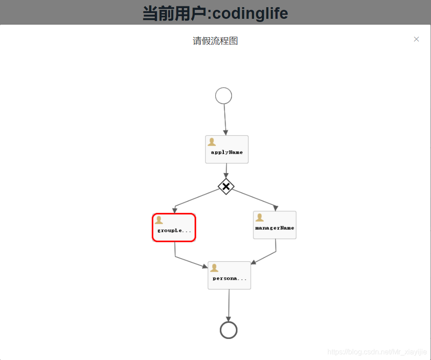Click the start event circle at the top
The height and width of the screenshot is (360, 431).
point(223,96)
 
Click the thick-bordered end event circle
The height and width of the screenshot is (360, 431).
point(229,330)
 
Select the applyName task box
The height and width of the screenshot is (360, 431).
point(226,149)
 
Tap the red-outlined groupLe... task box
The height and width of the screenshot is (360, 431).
point(174,228)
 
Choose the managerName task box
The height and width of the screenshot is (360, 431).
point(274,225)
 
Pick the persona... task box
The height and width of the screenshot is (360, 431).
point(229,275)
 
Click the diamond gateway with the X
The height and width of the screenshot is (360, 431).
point(226,186)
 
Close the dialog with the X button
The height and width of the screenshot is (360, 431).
point(416,39)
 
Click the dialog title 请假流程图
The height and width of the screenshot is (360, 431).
point(215,41)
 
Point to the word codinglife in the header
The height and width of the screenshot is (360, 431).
point(250,13)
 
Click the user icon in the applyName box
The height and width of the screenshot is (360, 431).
point(212,142)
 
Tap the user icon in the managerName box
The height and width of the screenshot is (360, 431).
point(259,217)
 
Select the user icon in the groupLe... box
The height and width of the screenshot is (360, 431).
point(159,220)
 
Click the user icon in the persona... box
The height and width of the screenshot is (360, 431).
point(214,268)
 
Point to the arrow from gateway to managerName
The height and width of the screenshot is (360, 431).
point(254,198)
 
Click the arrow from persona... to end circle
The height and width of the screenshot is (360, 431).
point(229,305)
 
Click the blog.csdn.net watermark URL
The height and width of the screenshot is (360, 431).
point(377,352)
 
